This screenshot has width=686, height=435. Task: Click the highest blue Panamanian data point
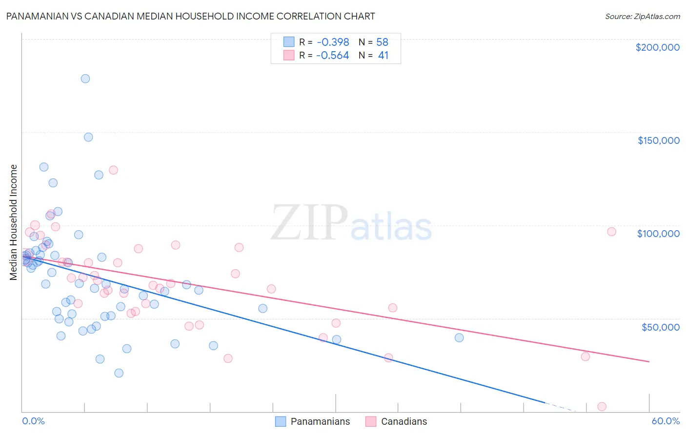[85, 79]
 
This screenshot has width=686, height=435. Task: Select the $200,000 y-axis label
[657, 47]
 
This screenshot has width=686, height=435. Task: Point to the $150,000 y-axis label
[658, 140]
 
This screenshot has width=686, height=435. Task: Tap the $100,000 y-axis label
[658, 234]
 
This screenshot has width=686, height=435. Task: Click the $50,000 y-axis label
[660, 327]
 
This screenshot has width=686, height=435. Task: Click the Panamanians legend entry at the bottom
[313, 422]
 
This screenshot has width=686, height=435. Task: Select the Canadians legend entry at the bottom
[396, 422]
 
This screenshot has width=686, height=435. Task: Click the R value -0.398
[332, 42]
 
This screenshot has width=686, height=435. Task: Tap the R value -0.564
[332, 56]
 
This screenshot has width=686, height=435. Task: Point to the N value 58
[382, 42]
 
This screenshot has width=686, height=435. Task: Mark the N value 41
[383, 56]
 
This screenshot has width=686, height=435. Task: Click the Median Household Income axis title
[14, 222]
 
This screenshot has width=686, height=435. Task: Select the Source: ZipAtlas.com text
[642, 17]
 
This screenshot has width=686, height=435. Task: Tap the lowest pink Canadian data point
[602, 407]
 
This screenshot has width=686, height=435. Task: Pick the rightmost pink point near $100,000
[611, 232]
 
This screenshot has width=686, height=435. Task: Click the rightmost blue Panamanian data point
[459, 337]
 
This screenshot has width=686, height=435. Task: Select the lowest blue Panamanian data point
[119, 373]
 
